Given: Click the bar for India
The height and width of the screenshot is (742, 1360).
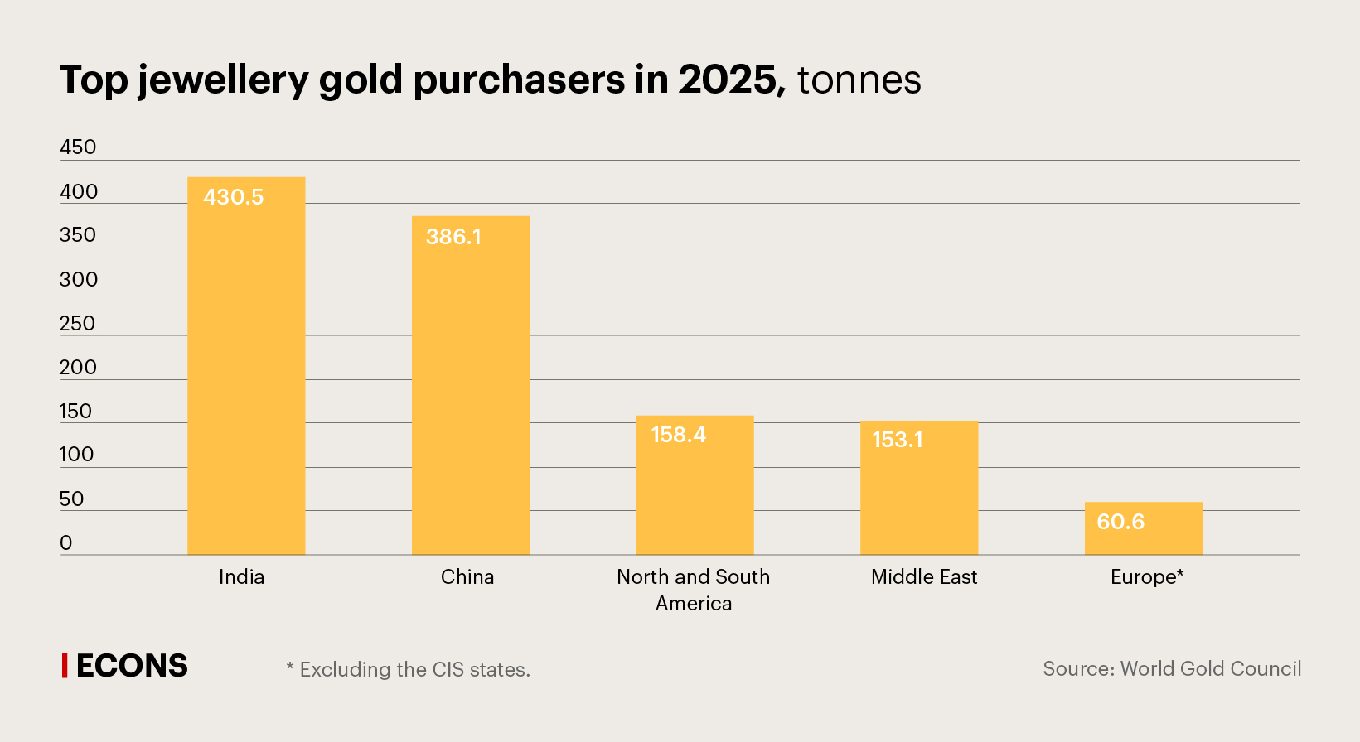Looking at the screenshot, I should [246, 373].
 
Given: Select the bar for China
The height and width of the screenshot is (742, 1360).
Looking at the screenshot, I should [471, 389].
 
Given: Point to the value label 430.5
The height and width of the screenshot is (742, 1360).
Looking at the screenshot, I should [234, 197].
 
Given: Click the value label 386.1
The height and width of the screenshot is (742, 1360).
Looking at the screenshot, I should [453, 237].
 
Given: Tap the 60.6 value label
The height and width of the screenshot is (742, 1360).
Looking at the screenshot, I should [1120, 522].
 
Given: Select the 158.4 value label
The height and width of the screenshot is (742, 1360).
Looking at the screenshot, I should [678, 435].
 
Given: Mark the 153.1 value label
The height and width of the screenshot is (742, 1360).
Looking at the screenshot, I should [897, 440].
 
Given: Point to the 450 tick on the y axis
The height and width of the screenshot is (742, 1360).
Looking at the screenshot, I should [78, 147].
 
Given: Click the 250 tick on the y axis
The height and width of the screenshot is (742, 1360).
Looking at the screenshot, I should [77, 324].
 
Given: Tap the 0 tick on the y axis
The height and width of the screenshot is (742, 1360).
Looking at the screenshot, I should [66, 543].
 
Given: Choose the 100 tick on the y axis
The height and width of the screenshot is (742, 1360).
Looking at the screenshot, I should [76, 455].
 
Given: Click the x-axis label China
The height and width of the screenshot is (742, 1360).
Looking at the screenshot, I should [467, 577].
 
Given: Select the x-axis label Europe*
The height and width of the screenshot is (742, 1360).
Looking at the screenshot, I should [1147, 577].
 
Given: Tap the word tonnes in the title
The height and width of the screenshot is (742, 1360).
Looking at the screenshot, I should [859, 80].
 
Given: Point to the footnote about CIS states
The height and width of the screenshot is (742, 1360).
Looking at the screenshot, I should [408, 669].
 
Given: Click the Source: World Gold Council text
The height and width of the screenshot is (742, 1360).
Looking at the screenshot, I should [1172, 669].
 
